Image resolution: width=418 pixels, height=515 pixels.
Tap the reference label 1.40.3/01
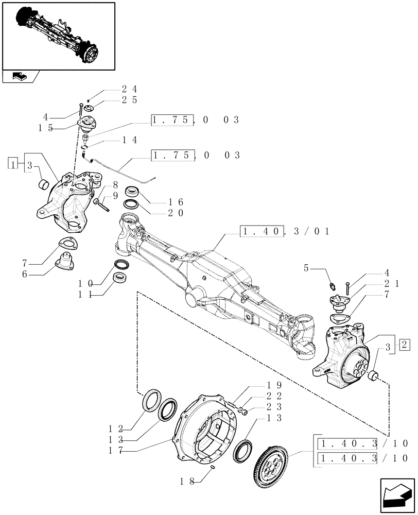coord(285,232)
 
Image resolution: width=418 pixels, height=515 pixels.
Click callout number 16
coord(176,202)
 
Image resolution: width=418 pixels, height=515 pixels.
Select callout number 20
coord(176,213)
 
